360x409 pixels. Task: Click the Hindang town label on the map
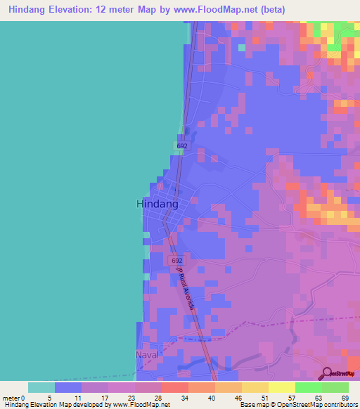tap(156, 203)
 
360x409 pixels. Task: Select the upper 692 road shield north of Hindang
tap(182, 145)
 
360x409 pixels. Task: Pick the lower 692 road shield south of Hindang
tap(176, 261)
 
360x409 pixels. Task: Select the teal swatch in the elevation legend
tap(41, 387)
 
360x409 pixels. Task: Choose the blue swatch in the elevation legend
tap(68, 387)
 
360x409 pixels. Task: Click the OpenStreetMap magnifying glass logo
tap(326, 372)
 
